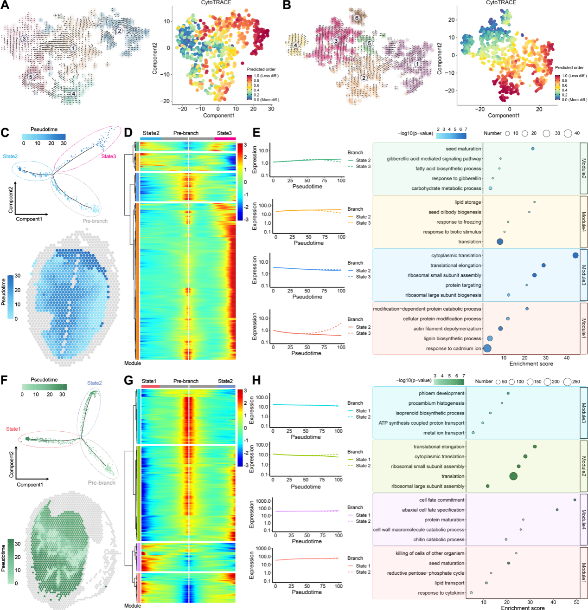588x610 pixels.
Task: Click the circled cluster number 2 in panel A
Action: click(119, 31)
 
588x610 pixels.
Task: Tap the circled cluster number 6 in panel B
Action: click(357, 18)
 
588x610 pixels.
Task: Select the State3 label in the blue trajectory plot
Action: click(109, 156)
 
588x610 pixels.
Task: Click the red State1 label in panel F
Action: click(13, 429)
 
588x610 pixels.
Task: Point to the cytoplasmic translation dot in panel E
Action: click(575, 255)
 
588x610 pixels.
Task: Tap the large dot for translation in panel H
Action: click(513, 476)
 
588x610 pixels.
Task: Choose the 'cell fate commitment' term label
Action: click(441, 500)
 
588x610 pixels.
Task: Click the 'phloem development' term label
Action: click(441, 393)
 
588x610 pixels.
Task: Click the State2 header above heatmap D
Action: click(151, 133)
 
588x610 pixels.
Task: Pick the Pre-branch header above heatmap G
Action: click(186, 381)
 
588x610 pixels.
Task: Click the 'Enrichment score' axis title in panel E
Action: click(531, 364)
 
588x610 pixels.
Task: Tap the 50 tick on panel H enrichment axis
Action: click(576, 603)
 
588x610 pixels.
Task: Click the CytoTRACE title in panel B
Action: click(501, 3)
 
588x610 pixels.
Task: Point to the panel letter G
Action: click(129, 381)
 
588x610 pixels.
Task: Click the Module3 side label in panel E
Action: click(584, 275)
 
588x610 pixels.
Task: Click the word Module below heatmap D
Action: click(132, 363)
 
